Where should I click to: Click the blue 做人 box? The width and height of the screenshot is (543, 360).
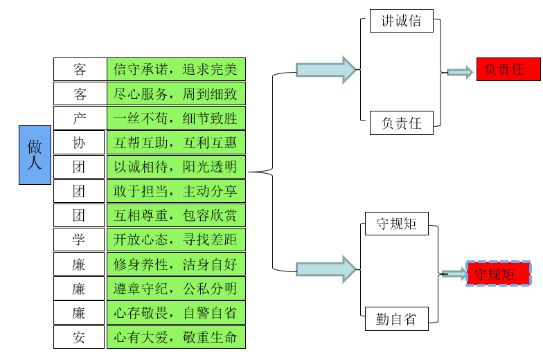pyautogui.click(x=35, y=154)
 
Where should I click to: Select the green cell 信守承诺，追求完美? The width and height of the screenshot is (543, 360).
pyautogui.click(x=176, y=69)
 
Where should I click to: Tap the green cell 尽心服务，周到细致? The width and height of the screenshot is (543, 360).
pyautogui.click(x=176, y=93)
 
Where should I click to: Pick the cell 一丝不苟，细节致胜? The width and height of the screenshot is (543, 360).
pyautogui.click(x=176, y=118)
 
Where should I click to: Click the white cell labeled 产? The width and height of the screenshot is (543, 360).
pyautogui.click(x=80, y=118)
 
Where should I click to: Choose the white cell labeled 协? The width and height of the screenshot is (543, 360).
pyautogui.click(x=80, y=142)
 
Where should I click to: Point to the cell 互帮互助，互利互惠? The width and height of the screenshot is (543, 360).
pyautogui.click(x=176, y=142)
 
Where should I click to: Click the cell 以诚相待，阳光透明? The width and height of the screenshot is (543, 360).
pyautogui.click(x=176, y=167)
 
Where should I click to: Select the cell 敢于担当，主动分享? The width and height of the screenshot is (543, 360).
pyautogui.click(x=176, y=191)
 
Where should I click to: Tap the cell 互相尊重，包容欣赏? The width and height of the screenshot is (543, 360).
pyautogui.click(x=176, y=215)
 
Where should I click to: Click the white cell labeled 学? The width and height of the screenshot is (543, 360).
pyautogui.click(x=80, y=240)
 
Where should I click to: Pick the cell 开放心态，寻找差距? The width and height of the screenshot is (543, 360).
pyautogui.click(x=176, y=240)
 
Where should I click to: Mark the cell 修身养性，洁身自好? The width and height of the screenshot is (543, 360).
pyautogui.click(x=176, y=264)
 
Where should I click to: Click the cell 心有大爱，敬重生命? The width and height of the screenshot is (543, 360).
pyautogui.click(x=176, y=337)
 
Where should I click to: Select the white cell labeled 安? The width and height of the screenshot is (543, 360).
pyautogui.click(x=80, y=337)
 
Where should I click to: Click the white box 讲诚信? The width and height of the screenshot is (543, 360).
pyautogui.click(x=402, y=21)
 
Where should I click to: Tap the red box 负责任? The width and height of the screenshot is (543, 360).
pyautogui.click(x=508, y=69)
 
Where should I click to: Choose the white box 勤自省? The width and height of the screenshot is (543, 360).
pyautogui.click(x=397, y=318)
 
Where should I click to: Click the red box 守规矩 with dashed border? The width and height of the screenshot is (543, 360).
pyautogui.click(x=499, y=273)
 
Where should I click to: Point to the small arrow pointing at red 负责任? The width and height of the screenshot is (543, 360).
pyautogui.click(x=459, y=72)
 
